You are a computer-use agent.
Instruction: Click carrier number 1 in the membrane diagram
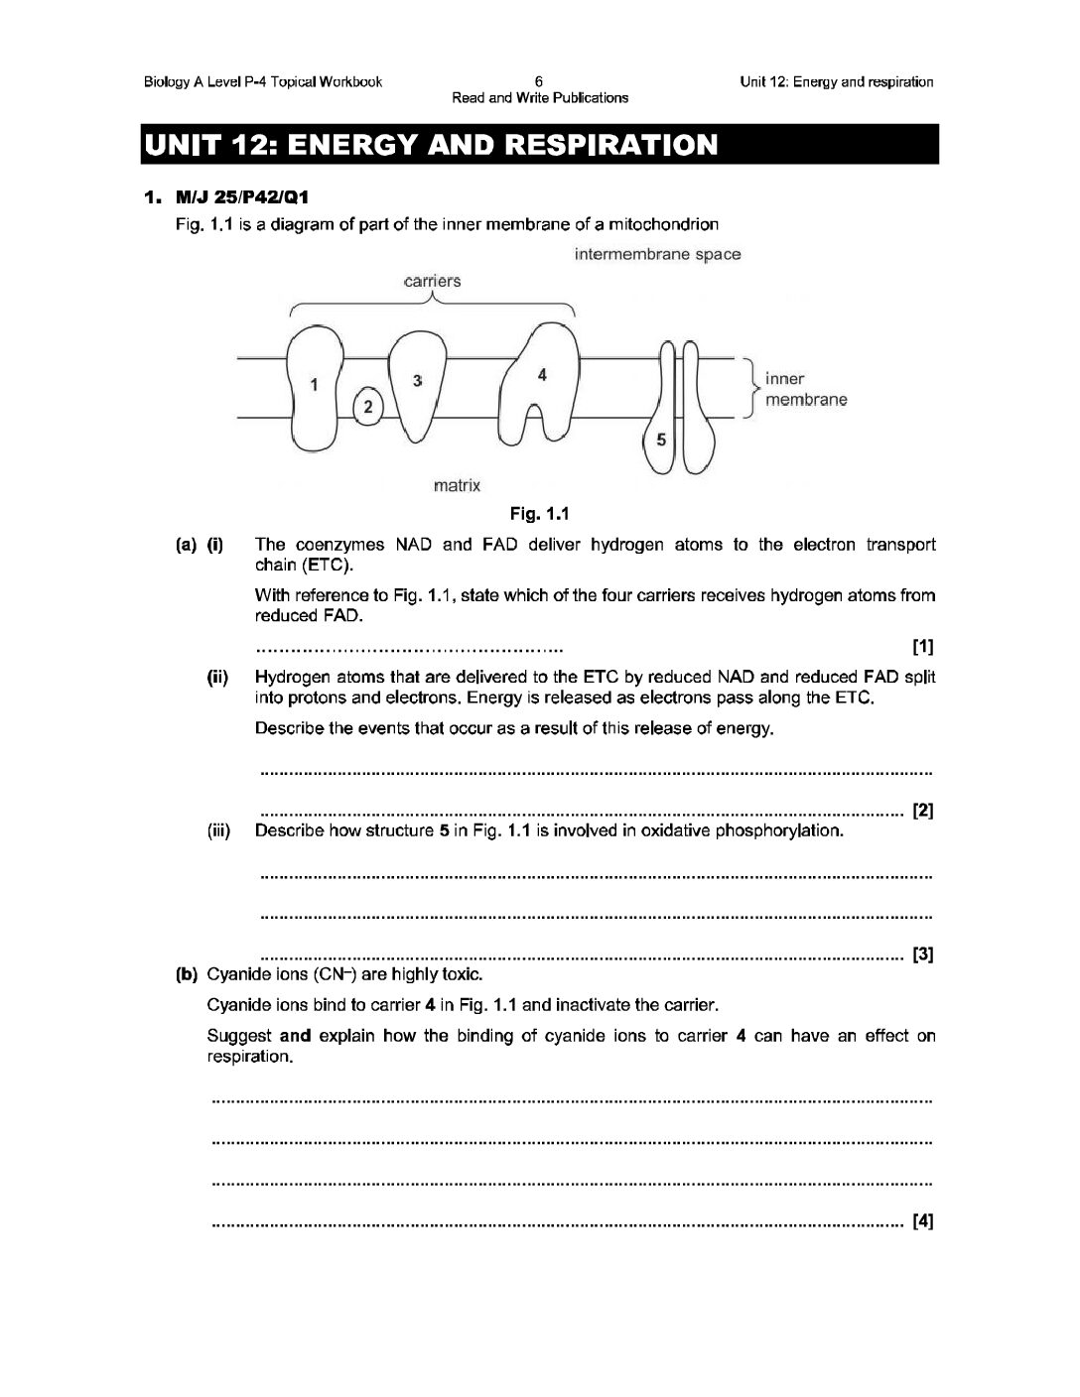click(x=314, y=385)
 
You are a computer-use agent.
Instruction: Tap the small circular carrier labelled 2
click(x=368, y=406)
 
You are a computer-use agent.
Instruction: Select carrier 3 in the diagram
click(x=418, y=381)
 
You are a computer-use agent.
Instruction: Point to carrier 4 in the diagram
click(x=541, y=375)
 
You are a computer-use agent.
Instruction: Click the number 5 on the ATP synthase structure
click(x=662, y=441)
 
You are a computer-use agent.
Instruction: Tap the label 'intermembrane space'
click(x=657, y=254)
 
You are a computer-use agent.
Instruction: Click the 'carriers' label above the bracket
click(x=433, y=281)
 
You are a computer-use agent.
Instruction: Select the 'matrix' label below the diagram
click(x=458, y=485)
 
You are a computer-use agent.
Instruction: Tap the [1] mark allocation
click(x=922, y=648)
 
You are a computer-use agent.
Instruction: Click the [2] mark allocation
click(x=922, y=811)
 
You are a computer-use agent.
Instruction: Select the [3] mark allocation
click(x=922, y=955)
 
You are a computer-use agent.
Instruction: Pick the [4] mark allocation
click(x=922, y=1220)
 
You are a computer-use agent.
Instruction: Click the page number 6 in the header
click(x=539, y=81)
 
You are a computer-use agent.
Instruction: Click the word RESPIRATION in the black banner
click(x=610, y=145)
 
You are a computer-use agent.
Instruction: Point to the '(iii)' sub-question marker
click(x=217, y=830)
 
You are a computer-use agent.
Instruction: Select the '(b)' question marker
click(x=187, y=974)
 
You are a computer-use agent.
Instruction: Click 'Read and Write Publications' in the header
click(x=540, y=97)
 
